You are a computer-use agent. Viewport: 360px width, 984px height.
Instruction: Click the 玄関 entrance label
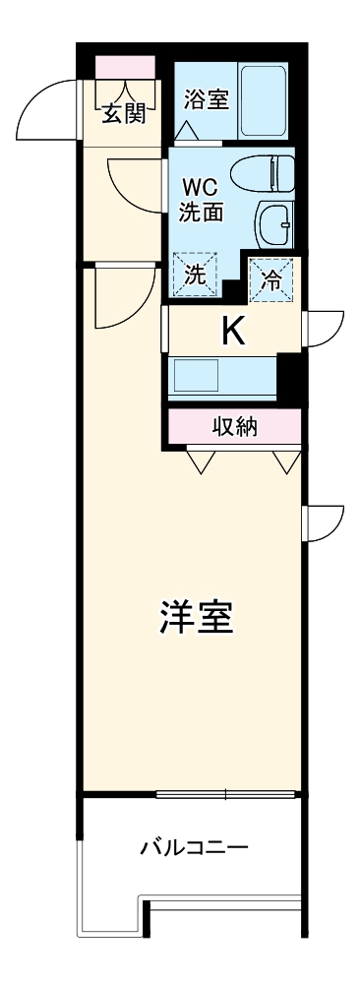point(124,114)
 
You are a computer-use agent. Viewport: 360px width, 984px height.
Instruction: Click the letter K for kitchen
point(232,332)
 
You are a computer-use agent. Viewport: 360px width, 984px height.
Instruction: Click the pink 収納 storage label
point(234,427)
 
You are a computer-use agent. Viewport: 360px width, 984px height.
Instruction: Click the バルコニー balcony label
point(194,846)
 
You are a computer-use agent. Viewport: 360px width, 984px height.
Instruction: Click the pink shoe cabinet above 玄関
point(125,68)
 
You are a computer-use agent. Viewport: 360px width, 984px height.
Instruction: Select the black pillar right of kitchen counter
point(289,375)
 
